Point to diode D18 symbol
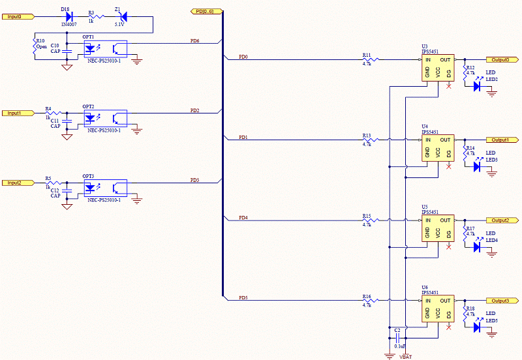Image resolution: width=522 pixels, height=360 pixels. click(x=69, y=16)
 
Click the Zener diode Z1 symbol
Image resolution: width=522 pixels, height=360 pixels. click(x=123, y=16)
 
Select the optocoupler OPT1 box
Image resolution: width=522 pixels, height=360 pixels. click(x=104, y=48)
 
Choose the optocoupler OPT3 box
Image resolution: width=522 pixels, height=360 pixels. click(x=104, y=188)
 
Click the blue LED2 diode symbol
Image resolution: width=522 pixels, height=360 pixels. click(x=477, y=86)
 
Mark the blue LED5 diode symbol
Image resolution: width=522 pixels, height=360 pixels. click(x=477, y=327)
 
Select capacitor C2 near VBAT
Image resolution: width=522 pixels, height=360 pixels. click(x=397, y=338)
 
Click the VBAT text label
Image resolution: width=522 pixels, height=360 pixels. click(x=405, y=356)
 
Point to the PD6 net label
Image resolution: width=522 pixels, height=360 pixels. click(x=194, y=41)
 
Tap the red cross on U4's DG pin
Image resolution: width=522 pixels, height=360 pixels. click(x=449, y=166)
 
